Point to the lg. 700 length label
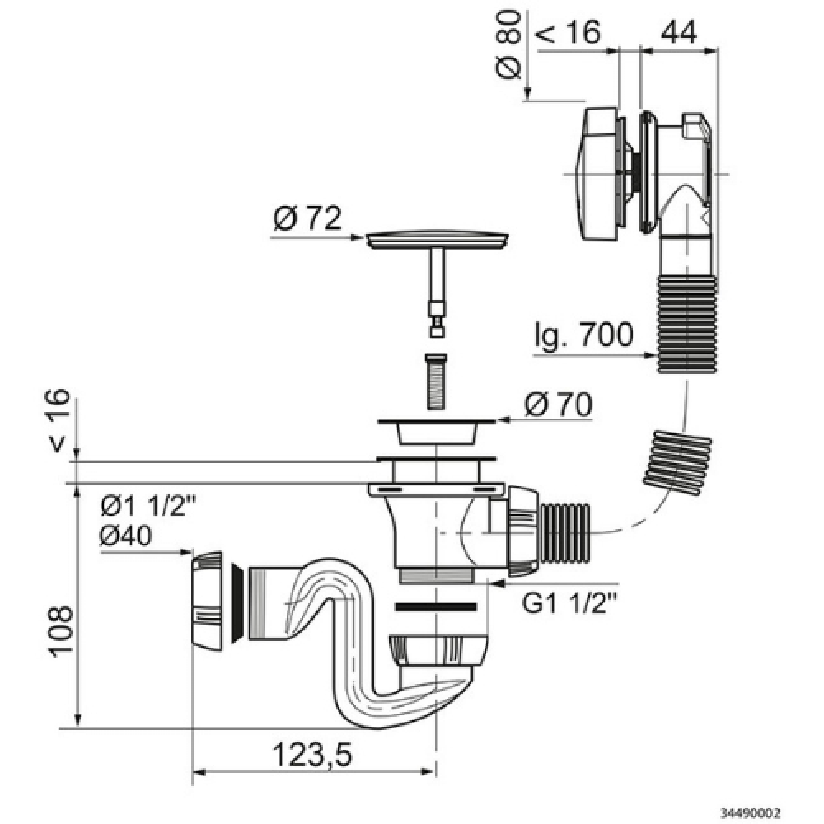[583, 335]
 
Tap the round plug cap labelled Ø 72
[437, 241]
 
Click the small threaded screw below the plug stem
[437, 381]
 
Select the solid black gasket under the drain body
[435, 606]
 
